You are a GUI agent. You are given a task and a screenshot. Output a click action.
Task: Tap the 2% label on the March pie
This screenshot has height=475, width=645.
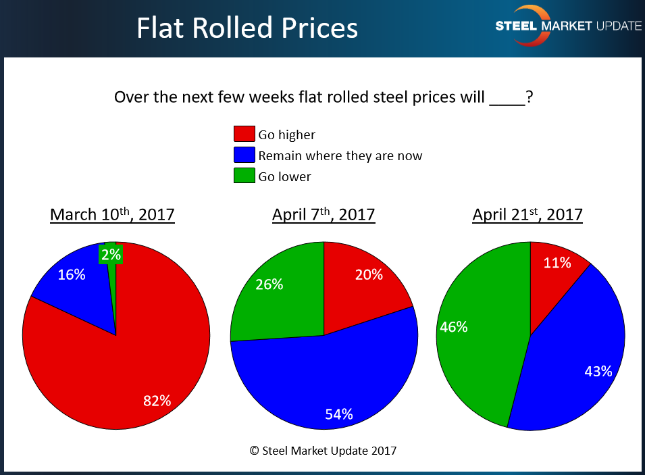(x=110, y=255)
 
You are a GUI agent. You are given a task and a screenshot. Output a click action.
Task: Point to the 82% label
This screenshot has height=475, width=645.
(x=157, y=400)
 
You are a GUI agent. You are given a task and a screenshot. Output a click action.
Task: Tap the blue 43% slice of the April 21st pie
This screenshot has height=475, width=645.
(x=574, y=358)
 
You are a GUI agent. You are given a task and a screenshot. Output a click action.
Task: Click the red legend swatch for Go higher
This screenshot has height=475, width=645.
(x=244, y=134)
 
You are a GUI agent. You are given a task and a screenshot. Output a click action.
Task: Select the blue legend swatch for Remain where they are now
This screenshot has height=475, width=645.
(x=244, y=155)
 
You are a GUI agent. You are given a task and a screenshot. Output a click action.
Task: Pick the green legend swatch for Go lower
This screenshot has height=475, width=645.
(x=244, y=176)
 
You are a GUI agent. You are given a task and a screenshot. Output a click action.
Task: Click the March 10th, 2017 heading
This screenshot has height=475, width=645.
(x=112, y=215)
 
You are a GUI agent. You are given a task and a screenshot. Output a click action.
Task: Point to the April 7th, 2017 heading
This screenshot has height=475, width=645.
(x=324, y=215)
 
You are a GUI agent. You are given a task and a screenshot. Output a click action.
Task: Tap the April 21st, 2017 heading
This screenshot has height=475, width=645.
(x=527, y=215)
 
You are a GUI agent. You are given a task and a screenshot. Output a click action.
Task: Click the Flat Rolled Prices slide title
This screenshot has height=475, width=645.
(x=247, y=28)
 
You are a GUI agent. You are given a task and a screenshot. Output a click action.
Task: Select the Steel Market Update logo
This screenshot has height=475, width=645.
(x=567, y=26)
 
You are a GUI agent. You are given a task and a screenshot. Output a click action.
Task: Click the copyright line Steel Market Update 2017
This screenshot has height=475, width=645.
(x=323, y=450)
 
